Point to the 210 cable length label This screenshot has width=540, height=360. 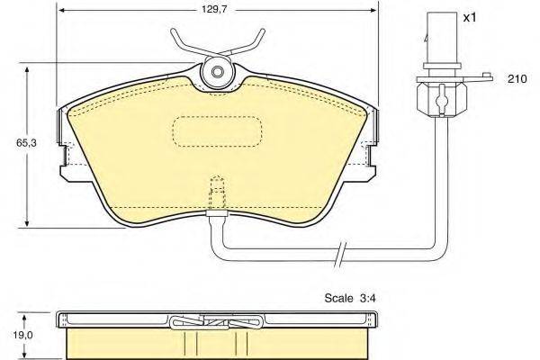click(517, 80)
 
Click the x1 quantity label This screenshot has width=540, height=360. click(469, 17)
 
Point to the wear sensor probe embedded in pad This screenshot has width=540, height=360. click(215, 193)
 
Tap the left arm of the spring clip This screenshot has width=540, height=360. click(184, 40)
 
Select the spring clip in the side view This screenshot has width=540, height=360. click(215, 322)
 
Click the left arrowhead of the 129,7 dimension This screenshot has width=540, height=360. click(59, 11)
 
